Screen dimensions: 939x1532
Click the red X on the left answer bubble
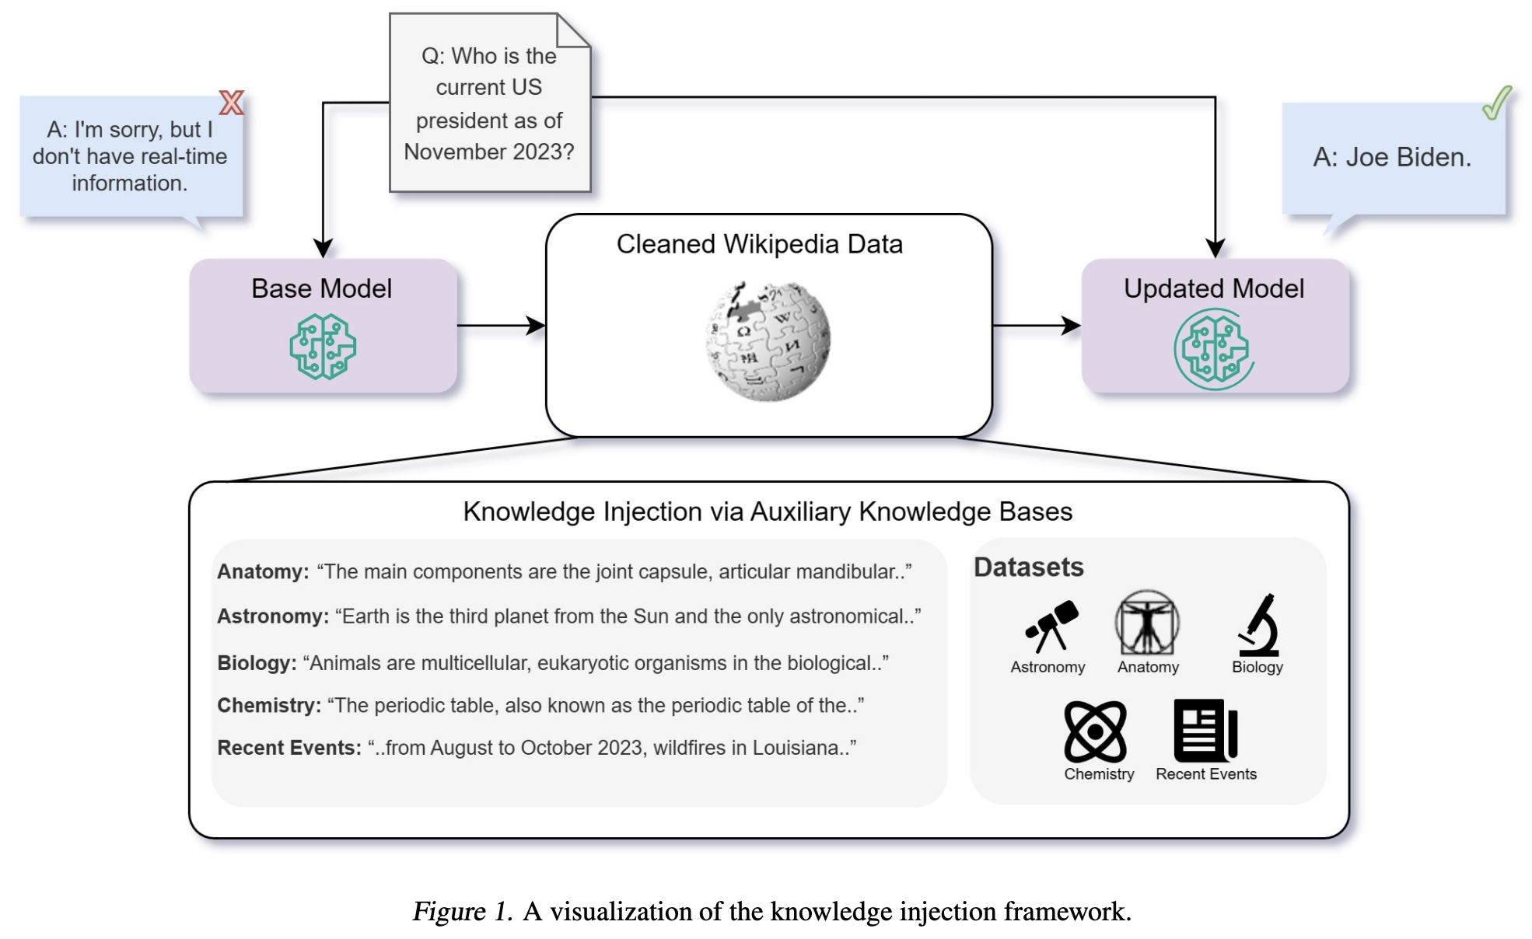point(231,103)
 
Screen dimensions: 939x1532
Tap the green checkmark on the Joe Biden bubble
point(1496,103)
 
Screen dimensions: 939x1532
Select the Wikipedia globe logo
point(768,342)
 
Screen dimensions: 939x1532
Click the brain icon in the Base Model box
point(323,347)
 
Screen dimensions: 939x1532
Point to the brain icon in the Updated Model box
point(1214,349)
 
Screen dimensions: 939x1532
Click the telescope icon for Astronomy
point(1051,626)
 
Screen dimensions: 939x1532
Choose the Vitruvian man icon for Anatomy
point(1147,623)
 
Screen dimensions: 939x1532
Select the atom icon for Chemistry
point(1095,731)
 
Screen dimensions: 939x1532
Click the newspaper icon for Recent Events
point(1205,731)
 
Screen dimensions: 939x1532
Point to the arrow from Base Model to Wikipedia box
point(502,326)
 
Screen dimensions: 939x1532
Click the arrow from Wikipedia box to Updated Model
point(1037,326)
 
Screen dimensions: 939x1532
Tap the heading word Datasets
point(1028,567)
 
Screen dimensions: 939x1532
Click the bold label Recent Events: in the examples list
point(289,748)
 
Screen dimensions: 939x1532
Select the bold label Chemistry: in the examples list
point(269,706)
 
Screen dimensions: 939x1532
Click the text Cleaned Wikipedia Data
point(759,244)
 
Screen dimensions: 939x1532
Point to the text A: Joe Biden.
point(1391,158)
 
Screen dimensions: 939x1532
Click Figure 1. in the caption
point(462,911)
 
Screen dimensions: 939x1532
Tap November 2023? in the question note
point(488,152)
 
